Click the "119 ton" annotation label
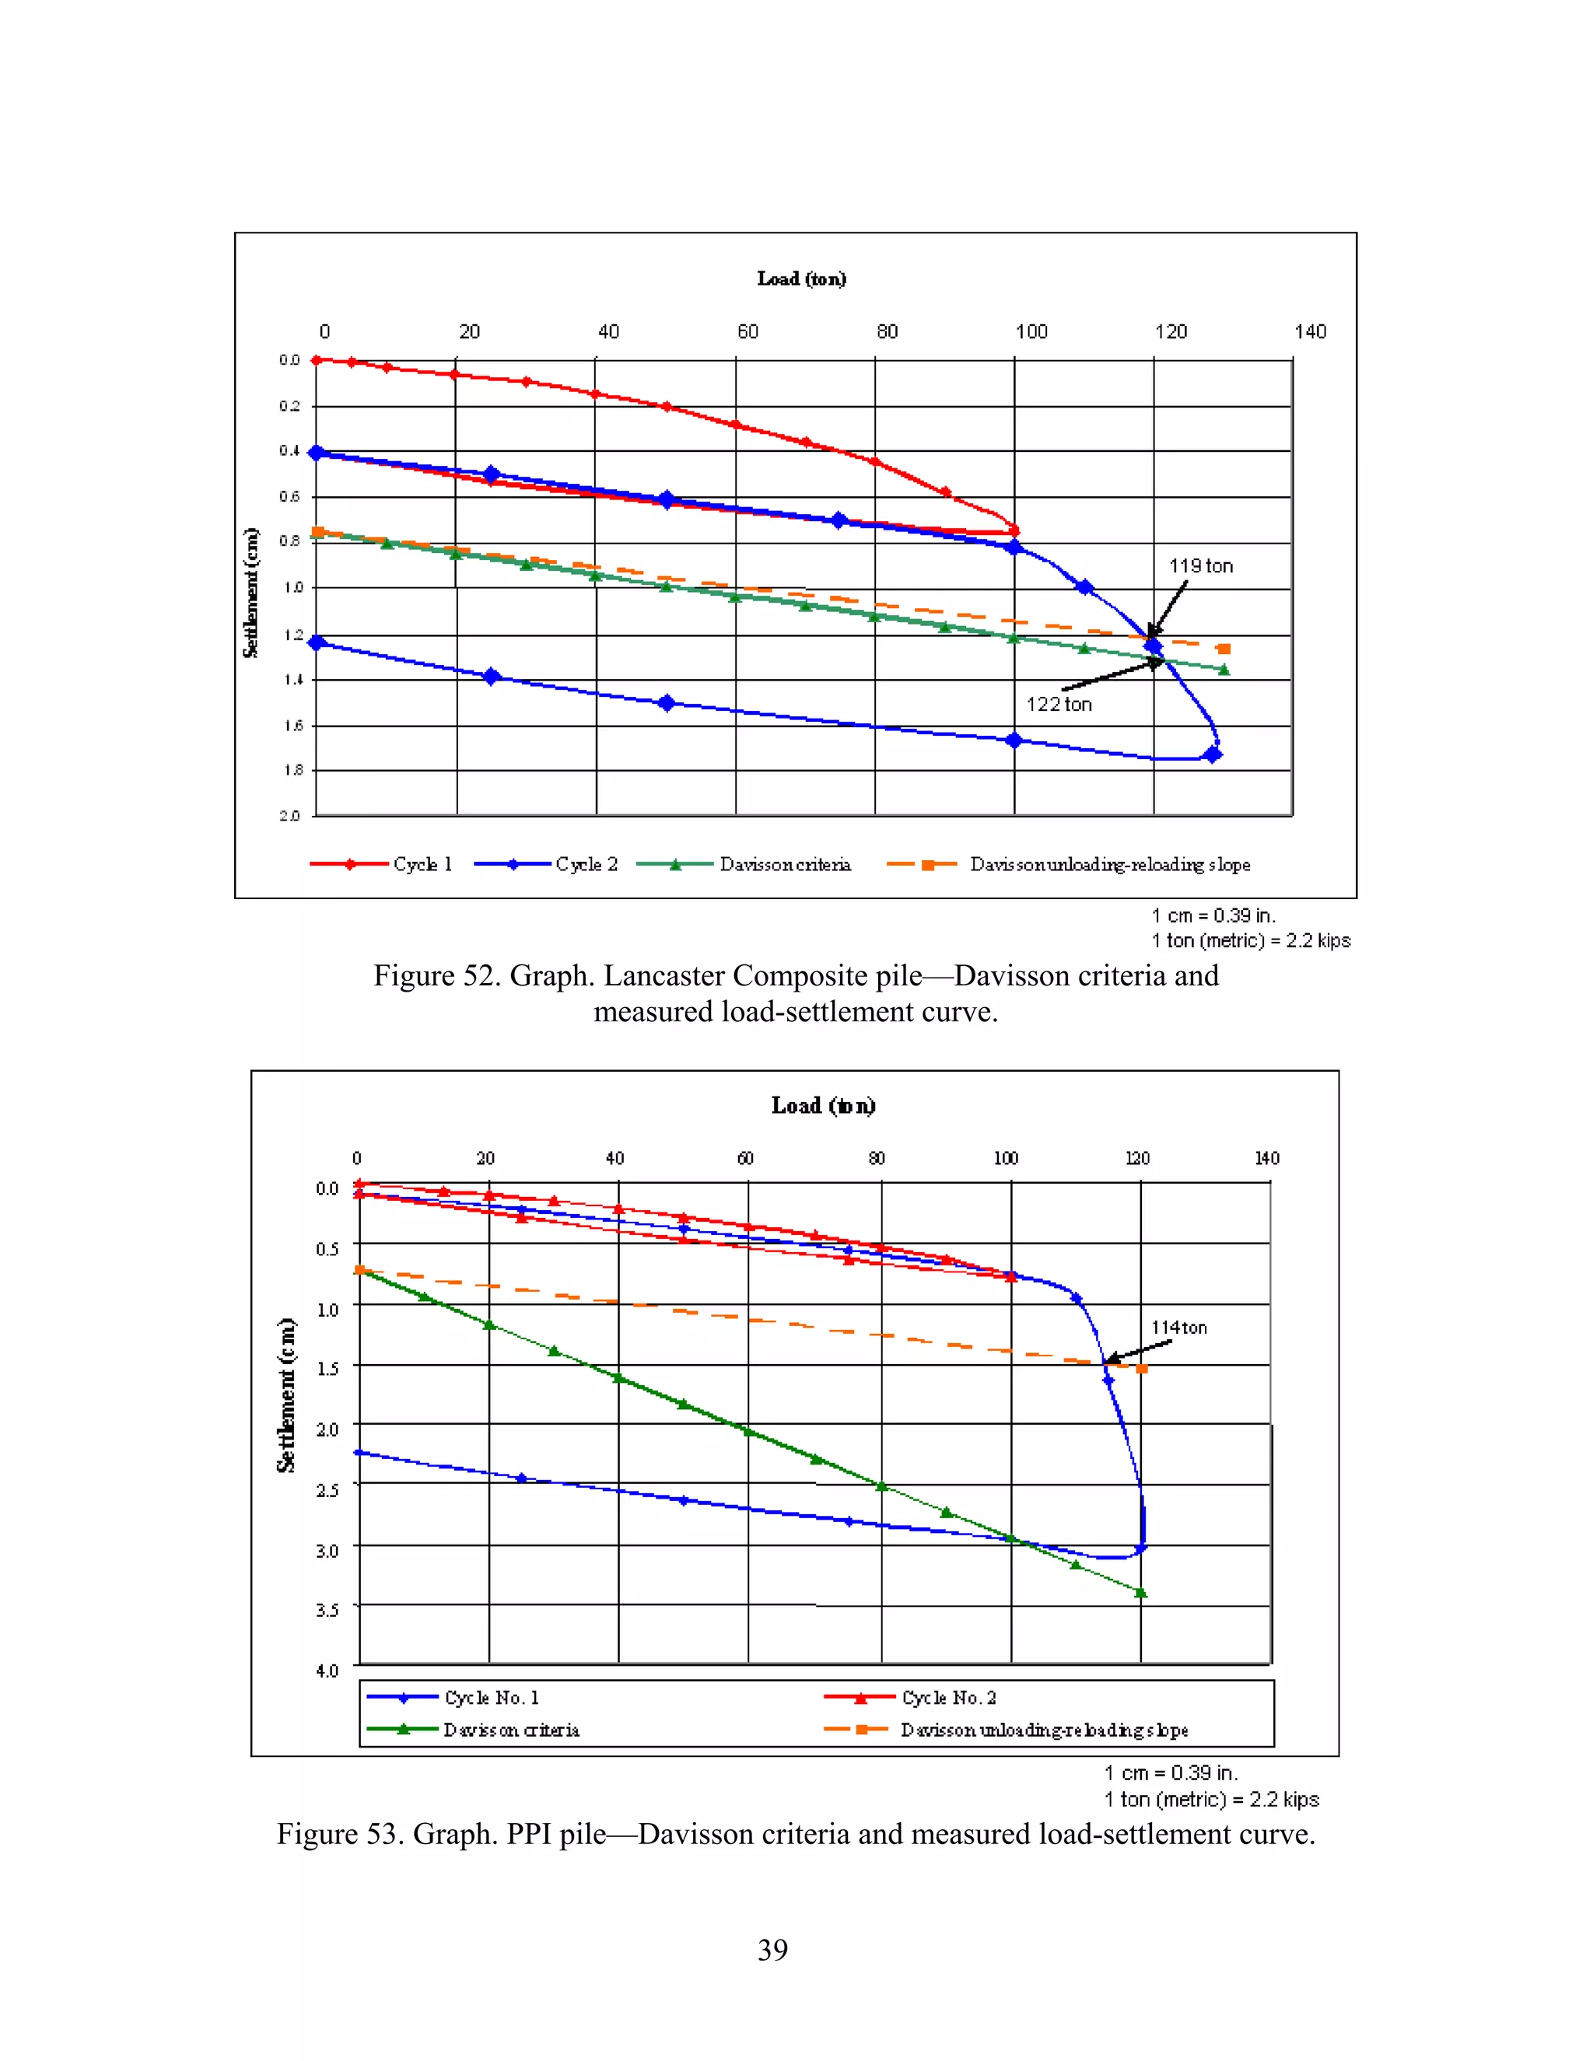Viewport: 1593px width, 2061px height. (1200, 566)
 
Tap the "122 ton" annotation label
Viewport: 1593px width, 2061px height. (1059, 704)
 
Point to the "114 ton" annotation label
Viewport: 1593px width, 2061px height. (1178, 1328)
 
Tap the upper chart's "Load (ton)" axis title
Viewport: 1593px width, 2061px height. (801, 278)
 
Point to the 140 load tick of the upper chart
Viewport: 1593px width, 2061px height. (1310, 332)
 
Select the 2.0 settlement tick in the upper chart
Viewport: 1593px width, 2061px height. (289, 815)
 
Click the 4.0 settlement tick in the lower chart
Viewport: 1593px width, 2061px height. (327, 1671)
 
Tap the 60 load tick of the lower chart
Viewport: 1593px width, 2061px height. (745, 1158)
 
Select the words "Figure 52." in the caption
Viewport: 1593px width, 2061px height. (437, 976)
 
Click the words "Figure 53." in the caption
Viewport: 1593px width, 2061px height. (340, 1834)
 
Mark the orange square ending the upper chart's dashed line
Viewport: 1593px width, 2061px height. (1224, 649)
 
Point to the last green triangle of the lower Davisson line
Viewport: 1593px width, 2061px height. (1141, 1593)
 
